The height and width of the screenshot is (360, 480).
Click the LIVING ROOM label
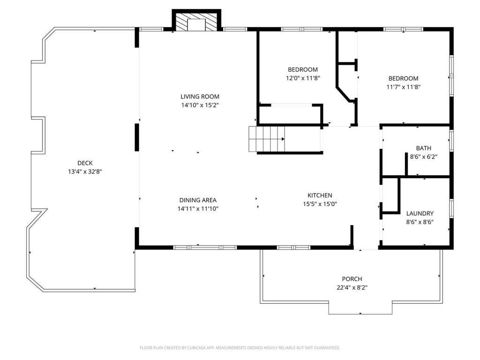point(200,97)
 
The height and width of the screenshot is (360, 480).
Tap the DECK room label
point(85,163)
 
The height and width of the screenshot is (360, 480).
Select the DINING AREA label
point(198,200)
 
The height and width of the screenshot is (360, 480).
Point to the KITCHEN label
point(320,195)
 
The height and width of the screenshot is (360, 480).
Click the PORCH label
point(352,279)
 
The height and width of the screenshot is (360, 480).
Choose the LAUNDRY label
point(420,213)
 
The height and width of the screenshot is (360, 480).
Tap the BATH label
point(424,148)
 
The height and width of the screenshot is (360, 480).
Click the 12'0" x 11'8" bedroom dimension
point(303,78)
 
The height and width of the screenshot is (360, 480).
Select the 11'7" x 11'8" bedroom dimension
point(404,87)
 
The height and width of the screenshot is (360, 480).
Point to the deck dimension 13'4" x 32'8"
point(85,172)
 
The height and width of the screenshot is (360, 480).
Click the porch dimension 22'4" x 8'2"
point(352,287)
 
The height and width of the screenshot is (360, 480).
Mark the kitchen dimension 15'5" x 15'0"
point(320,204)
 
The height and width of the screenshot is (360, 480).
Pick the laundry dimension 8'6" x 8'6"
point(420,222)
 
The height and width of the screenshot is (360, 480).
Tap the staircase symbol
point(267,139)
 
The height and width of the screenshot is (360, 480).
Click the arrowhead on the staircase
point(283,139)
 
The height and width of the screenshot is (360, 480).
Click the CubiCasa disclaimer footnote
point(240,348)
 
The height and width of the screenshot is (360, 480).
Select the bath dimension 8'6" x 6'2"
point(424,157)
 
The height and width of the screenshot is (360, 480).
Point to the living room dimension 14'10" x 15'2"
point(200,105)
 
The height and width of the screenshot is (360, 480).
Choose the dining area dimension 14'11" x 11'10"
point(198,209)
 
